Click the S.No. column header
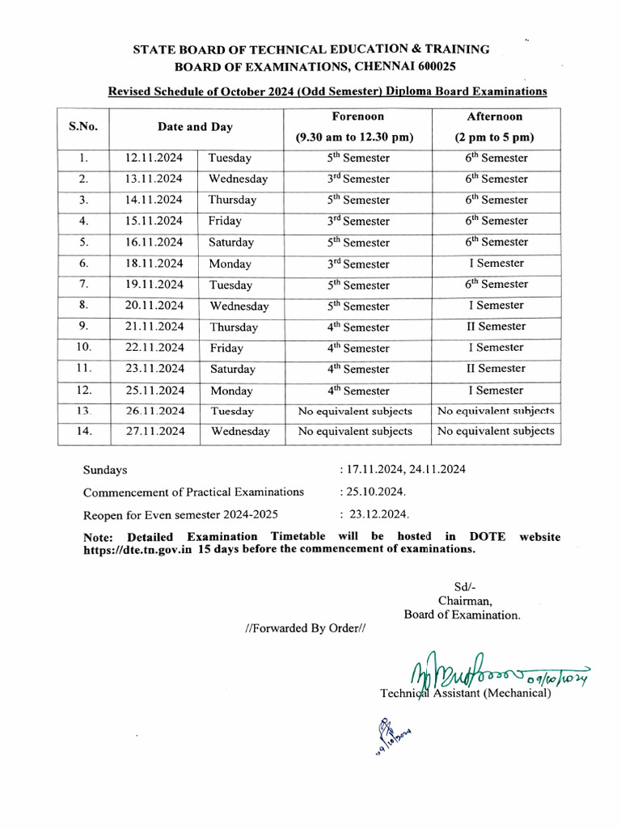point(82,126)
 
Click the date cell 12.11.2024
point(154,158)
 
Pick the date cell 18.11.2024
point(154,264)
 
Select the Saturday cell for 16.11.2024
point(231,243)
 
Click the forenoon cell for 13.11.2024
point(357,180)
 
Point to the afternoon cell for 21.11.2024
point(496,327)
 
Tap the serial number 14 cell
point(83,432)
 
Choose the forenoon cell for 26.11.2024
point(355,411)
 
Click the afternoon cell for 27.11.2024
point(496,432)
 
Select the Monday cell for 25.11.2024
point(230,390)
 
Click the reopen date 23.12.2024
point(378,514)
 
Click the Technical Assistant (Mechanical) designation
point(465,693)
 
